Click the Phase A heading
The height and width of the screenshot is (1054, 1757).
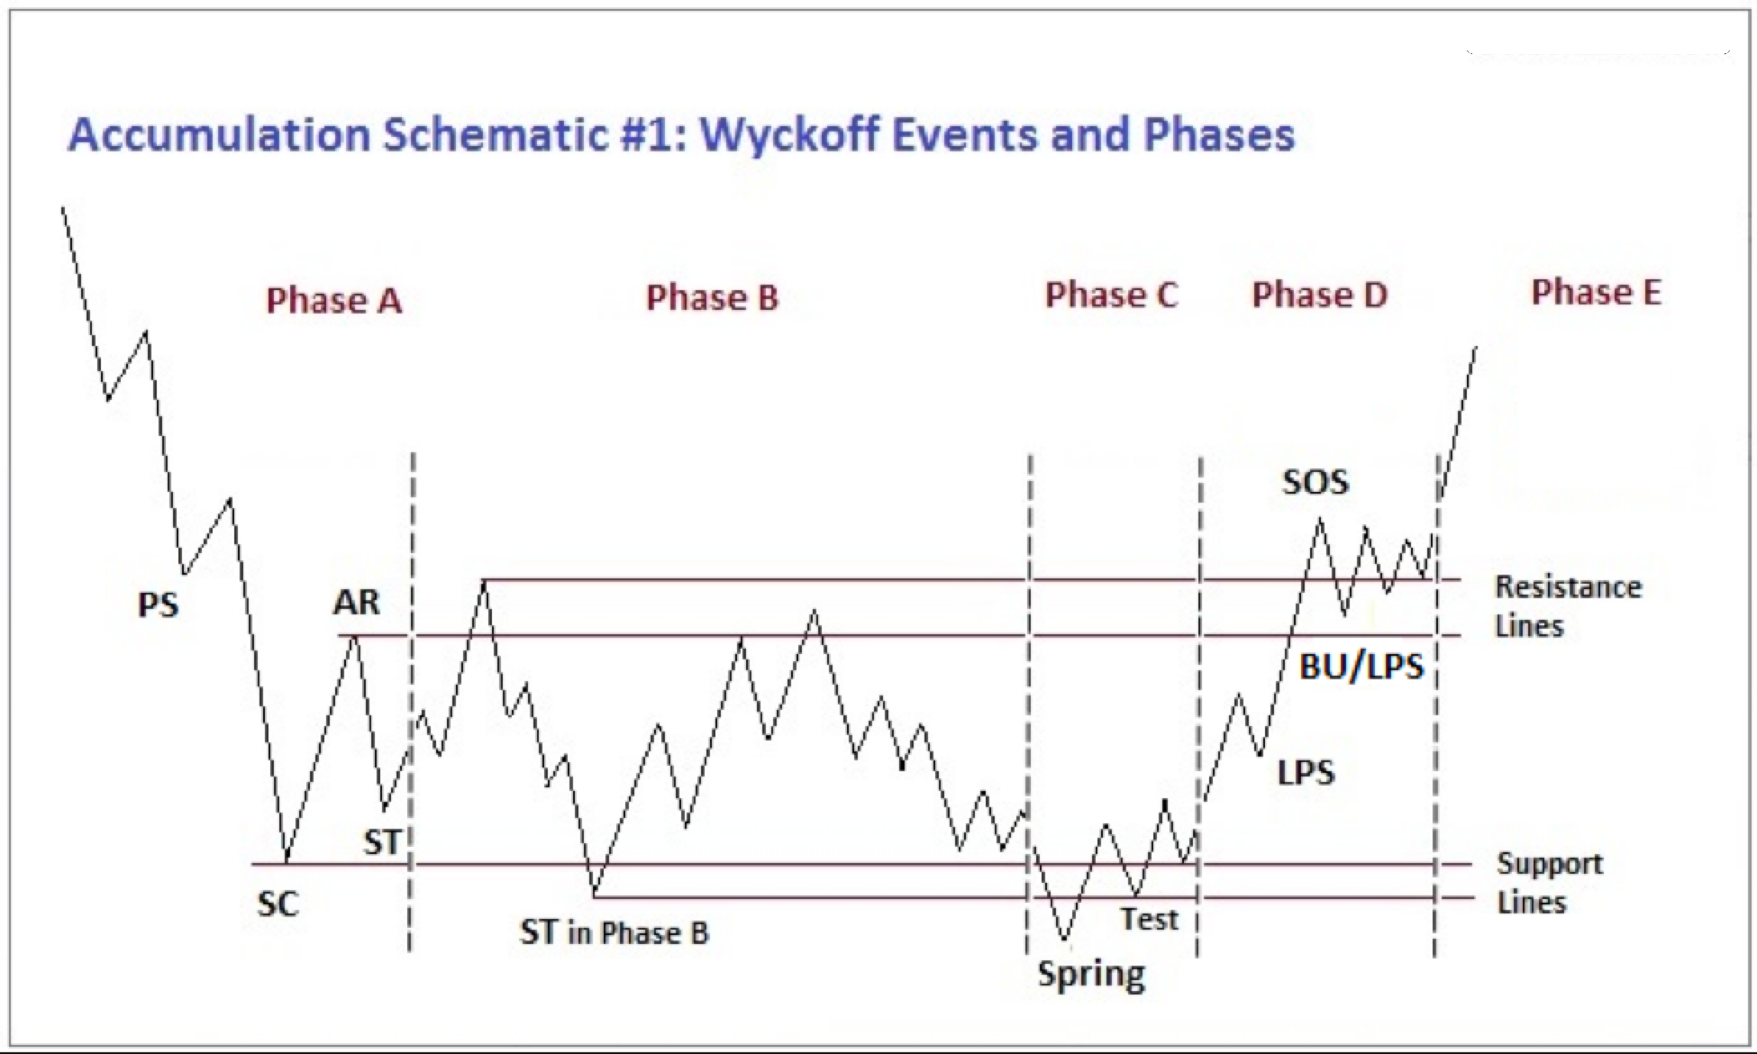pos(333,301)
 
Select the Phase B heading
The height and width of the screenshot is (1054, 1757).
pos(712,298)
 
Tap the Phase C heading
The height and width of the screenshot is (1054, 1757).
pos(1111,295)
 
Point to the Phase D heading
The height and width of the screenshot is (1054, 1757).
pos(1320,295)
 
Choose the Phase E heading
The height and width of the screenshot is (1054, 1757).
pos(1597,292)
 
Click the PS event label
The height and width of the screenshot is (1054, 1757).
pos(159,604)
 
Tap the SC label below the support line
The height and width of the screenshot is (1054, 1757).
pos(278,904)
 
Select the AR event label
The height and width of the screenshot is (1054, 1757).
pos(357,602)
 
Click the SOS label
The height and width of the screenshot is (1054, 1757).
pos(1315,482)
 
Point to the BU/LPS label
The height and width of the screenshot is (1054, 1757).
pos(1361,667)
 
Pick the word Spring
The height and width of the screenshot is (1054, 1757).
pos(1091,975)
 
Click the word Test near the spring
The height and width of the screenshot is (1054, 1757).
pos(1149,920)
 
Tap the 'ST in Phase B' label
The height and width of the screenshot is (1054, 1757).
pos(614,932)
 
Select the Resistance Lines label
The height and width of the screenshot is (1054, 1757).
pos(1568,606)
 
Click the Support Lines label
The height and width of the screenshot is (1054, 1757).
pos(1550,883)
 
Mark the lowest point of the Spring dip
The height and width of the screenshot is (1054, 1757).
pos(1065,940)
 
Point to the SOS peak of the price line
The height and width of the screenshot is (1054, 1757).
pos(1320,519)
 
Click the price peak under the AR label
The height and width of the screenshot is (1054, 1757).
pos(355,635)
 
